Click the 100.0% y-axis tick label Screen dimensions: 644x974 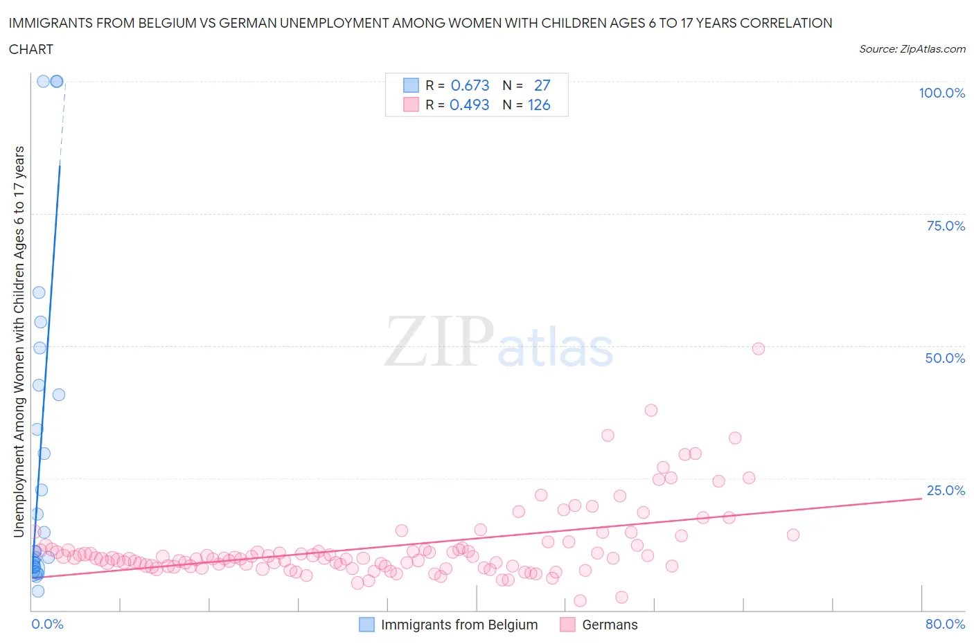pyautogui.click(x=941, y=93)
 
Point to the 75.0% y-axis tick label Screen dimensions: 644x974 pyautogui.click(x=945, y=226)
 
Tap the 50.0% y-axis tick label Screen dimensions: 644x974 pyautogui.click(x=945, y=358)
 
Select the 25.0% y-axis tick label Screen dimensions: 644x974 pyautogui.click(x=945, y=490)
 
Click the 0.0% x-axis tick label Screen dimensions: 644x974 pyautogui.click(x=47, y=624)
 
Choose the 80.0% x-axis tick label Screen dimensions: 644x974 pyautogui.click(x=945, y=624)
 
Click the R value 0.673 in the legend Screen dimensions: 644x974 pyautogui.click(x=470, y=85)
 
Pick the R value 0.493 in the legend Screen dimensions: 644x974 pyautogui.click(x=469, y=105)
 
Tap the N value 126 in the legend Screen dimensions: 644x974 pyautogui.click(x=539, y=105)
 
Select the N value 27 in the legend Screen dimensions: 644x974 pyautogui.click(x=542, y=85)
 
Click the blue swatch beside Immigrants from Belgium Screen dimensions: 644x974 pyautogui.click(x=366, y=625)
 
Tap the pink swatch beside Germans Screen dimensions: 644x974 pyautogui.click(x=567, y=625)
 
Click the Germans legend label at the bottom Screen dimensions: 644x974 pyautogui.click(x=610, y=625)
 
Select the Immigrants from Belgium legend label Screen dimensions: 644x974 pyautogui.click(x=459, y=625)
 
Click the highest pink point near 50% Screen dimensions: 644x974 pyautogui.click(x=759, y=349)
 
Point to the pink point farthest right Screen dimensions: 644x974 pyautogui.click(x=793, y=535)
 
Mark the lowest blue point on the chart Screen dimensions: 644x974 pyautogui.click(x=38, y=591)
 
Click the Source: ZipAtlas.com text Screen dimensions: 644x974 pyautogui.click(x=912, y=49)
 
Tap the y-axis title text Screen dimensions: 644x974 pyautogui.click(x=19, y=341)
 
